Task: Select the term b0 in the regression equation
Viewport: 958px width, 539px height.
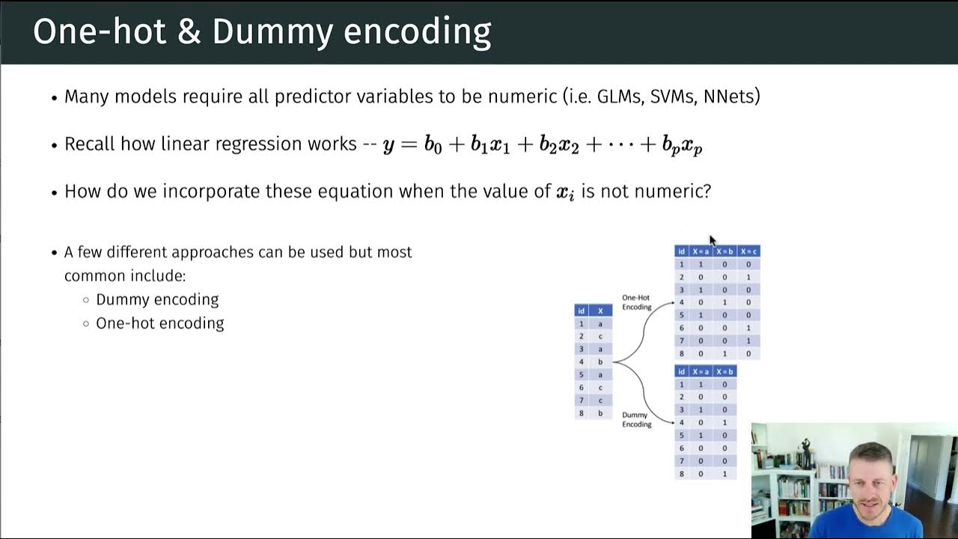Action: click(433, 145)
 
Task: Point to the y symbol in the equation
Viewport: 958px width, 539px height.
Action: click(388, 145)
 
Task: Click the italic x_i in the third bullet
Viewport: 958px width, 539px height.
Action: click(565, 192)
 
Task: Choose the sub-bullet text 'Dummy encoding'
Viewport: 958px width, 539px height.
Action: click(157, 299)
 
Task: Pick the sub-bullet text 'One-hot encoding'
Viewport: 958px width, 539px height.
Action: click(159, 323)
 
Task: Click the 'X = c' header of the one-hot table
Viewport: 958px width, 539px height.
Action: click(748, 252)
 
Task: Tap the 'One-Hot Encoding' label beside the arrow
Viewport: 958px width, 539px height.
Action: click(636, 302)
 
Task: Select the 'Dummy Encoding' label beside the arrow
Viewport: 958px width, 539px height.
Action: click(636, 419)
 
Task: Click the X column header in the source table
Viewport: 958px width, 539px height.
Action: click(600, 311)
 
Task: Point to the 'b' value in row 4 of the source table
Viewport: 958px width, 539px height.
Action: click(600, 362)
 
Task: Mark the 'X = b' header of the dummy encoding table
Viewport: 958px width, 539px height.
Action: click(724, 371)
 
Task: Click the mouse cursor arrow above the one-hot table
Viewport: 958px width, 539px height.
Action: click(712, 240)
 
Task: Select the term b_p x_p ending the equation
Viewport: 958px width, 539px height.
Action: click(682, 146)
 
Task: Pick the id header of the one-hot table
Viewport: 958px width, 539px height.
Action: click(681, 252)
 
